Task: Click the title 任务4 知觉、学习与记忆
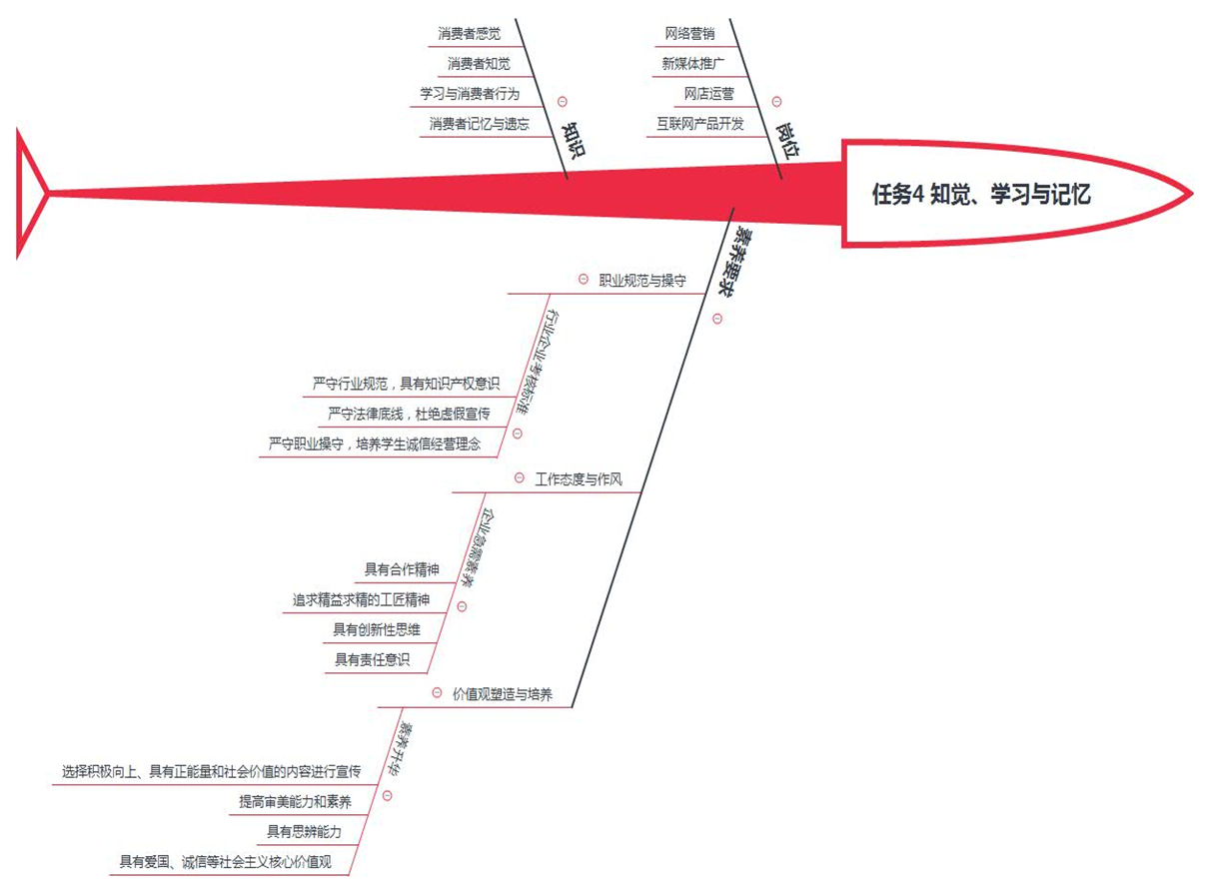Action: [980, 195]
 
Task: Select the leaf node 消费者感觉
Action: [469, 34]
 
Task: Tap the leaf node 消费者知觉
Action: [479, 64]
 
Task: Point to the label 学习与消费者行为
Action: [469, 94]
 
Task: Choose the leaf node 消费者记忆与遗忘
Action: [479, 124]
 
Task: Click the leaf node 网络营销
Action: [689, 34]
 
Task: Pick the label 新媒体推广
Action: [692, 64]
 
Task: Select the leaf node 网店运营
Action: [708, 94]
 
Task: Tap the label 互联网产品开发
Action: [700, 124]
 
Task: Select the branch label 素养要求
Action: [734, 257]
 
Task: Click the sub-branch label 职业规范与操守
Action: [641, 281]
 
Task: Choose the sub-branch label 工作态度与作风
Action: [579, 479]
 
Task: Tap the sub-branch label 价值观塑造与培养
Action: [502, 694]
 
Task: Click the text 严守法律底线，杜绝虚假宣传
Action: [409, 414]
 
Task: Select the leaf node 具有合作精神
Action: [402, 570]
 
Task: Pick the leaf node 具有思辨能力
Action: [304, 831]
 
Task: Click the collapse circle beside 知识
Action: [562, 101]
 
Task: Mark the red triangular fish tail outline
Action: [30, 191]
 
